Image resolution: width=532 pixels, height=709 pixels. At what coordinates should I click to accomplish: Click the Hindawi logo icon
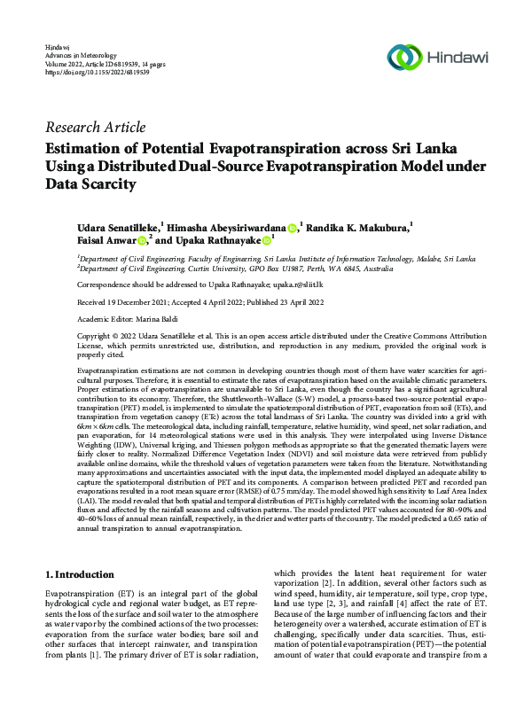[410, 57]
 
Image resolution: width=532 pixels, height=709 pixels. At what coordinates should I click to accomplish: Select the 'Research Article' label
[95, 127]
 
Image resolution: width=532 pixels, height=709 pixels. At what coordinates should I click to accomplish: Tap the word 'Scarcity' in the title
[109, 184]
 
